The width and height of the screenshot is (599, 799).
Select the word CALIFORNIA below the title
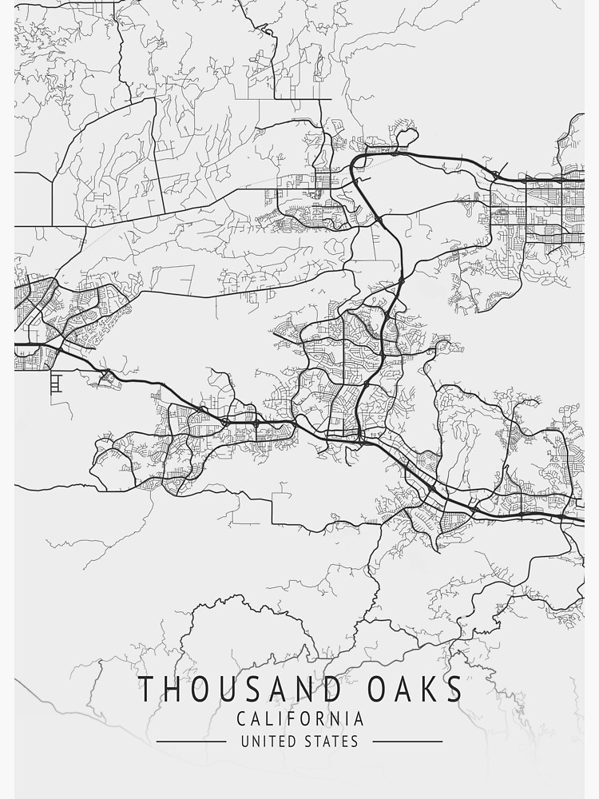tap(300, 719)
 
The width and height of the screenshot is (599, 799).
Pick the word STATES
tap(331, 741)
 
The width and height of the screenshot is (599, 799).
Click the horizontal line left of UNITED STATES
tap(192, 741)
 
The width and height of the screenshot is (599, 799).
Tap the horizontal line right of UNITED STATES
tap(407, 741)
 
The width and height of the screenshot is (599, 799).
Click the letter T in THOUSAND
tap(146, 689)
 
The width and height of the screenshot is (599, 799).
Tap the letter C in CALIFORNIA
tap(241, 719)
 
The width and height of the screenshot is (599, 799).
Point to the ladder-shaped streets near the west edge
tap(55, 384)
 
